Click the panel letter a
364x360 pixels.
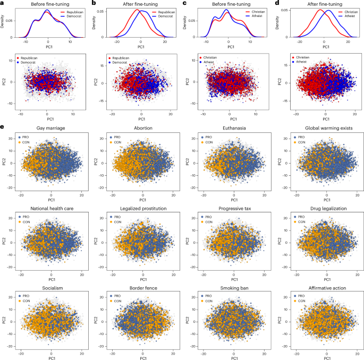(3, 3)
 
